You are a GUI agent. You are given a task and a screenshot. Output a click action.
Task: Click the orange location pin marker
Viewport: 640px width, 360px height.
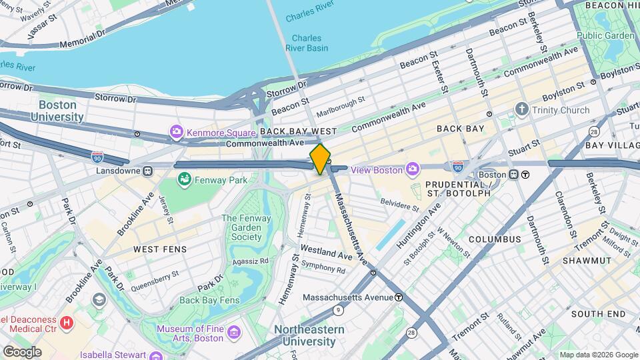point(320,159)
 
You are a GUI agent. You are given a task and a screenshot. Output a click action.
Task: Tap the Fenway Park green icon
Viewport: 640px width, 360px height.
point(184,179)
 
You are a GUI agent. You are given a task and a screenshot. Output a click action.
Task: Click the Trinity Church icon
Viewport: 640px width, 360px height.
point(522,109)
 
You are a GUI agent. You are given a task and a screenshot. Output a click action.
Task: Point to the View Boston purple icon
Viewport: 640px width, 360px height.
point(413,169)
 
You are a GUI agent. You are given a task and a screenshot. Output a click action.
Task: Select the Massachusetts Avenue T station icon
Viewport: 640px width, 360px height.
point(398,297)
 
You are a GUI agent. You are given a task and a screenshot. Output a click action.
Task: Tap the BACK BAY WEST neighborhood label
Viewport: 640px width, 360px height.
point(299,132)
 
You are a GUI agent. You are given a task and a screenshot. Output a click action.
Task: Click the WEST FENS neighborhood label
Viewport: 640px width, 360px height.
point(160,249)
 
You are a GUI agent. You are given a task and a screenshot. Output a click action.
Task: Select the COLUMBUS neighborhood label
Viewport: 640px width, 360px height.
point(494,239)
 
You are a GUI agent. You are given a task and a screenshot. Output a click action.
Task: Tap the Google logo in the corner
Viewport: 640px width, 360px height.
point(22,351)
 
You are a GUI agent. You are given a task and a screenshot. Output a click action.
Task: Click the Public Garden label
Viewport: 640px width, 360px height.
point(605,35)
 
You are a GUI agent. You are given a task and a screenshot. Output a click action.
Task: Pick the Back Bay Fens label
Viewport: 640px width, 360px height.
point(209,300)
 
